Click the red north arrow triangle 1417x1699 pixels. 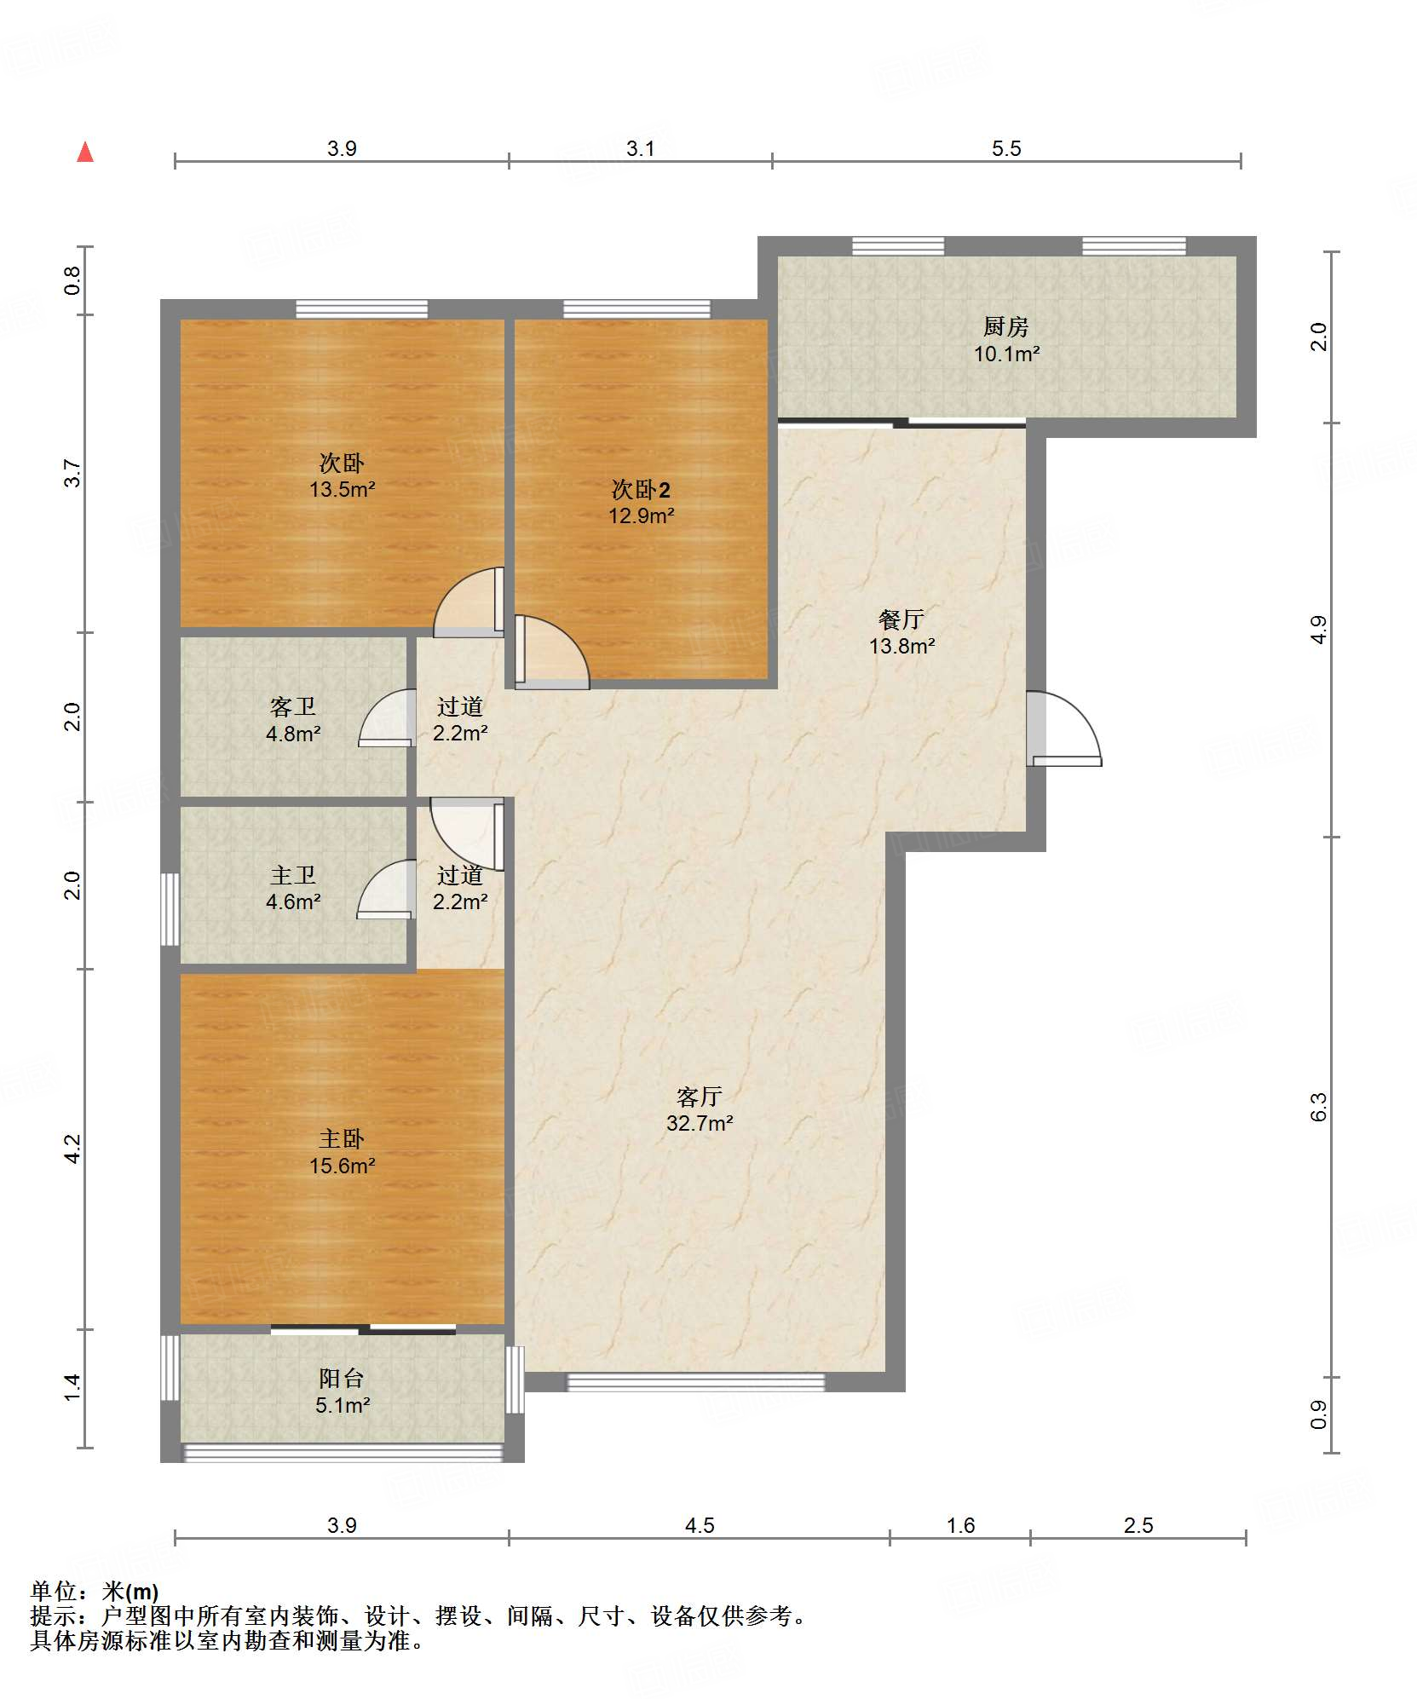coord(85,152)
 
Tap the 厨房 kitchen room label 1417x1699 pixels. coord(1005,326)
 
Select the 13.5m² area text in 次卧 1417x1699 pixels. coord(343,489)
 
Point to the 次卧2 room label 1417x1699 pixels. coord(641,489)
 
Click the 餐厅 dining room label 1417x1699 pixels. coord(901,619)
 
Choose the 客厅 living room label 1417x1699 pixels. coord(700,1096)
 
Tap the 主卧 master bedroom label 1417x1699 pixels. coord(342,1138)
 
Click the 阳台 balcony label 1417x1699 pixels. coord(342,1378)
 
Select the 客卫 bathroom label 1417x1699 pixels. coord(293,706)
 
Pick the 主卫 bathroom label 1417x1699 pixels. coord(293,875)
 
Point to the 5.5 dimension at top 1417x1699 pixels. coord(1006,148)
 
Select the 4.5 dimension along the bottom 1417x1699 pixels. coord(700,1525)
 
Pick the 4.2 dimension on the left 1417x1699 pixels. coord(73,1149)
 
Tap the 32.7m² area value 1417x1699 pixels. coord(700,1123)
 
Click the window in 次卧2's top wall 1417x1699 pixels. coord(636,309)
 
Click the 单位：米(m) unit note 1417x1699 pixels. coord(95,1590)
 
